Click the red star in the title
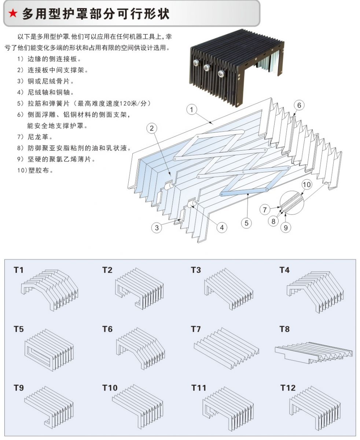tap(13, 14)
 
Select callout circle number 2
tap(152, 128)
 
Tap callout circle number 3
tap(157, 227)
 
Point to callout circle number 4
tap(221, 227)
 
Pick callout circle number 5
tap(247, 222)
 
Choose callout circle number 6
tap(299, 106)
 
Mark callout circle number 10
tap(307, 184)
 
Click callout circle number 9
tap(285, 227)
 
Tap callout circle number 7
tap(265, 210)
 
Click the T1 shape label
tap(18, 270)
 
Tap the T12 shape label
tap(287, 388)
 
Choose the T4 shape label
tap(284, 270)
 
